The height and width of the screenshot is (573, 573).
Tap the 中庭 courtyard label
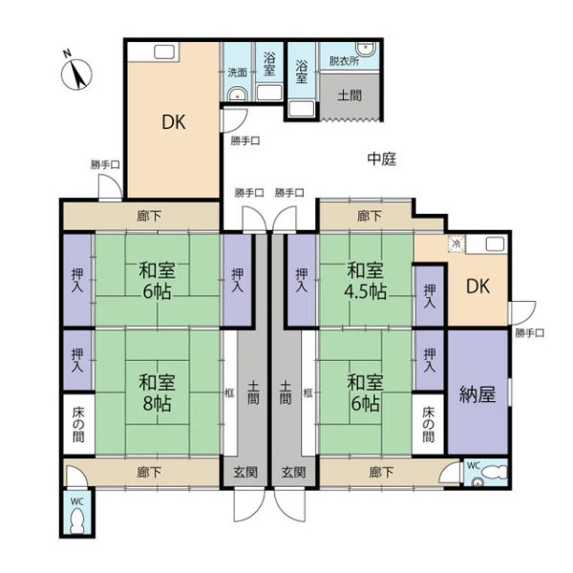(381, 159)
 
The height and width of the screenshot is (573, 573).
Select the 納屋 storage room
(477, 393)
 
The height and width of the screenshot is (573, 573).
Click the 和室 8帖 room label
(157, 393)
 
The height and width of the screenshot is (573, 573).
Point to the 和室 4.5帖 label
(365, 281)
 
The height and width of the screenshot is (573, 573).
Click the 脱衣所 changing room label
(344, 61)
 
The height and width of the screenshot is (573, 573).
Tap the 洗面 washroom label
(237, 73)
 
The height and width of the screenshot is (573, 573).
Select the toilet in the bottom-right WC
(495, 472)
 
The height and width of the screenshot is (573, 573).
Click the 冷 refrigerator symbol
(456, 244)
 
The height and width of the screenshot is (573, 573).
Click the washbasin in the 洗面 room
(238, 95)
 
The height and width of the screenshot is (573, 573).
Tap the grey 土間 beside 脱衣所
(350, 95)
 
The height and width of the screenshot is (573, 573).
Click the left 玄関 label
(245, 472)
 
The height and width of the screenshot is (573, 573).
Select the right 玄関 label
(294, 472)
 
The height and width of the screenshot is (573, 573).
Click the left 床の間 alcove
(78, 424)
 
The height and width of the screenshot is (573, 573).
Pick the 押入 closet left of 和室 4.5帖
(301, 280)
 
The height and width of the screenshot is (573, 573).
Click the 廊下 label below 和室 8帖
(150, 472)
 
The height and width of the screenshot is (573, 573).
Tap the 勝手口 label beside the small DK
(530, 333)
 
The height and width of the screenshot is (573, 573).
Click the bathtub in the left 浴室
(269, 93)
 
